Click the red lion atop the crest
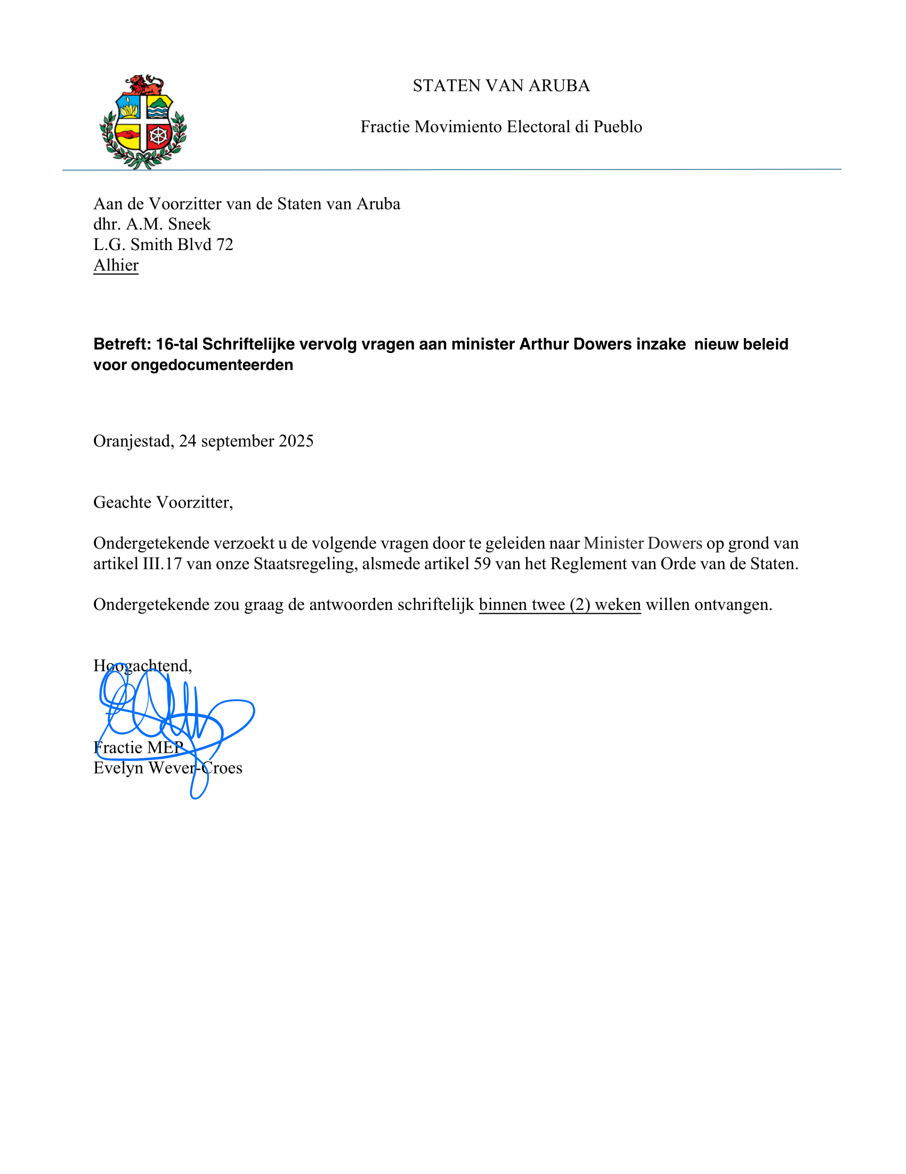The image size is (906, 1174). point(144,85)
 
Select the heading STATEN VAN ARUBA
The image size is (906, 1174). point(501,86)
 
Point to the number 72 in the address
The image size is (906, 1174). point(224,245)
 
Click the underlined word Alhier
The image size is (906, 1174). point(116,266)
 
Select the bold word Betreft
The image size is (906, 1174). point(122,344)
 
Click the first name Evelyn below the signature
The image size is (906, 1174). point(119,768)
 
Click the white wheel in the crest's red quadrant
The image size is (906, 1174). point(158,135)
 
